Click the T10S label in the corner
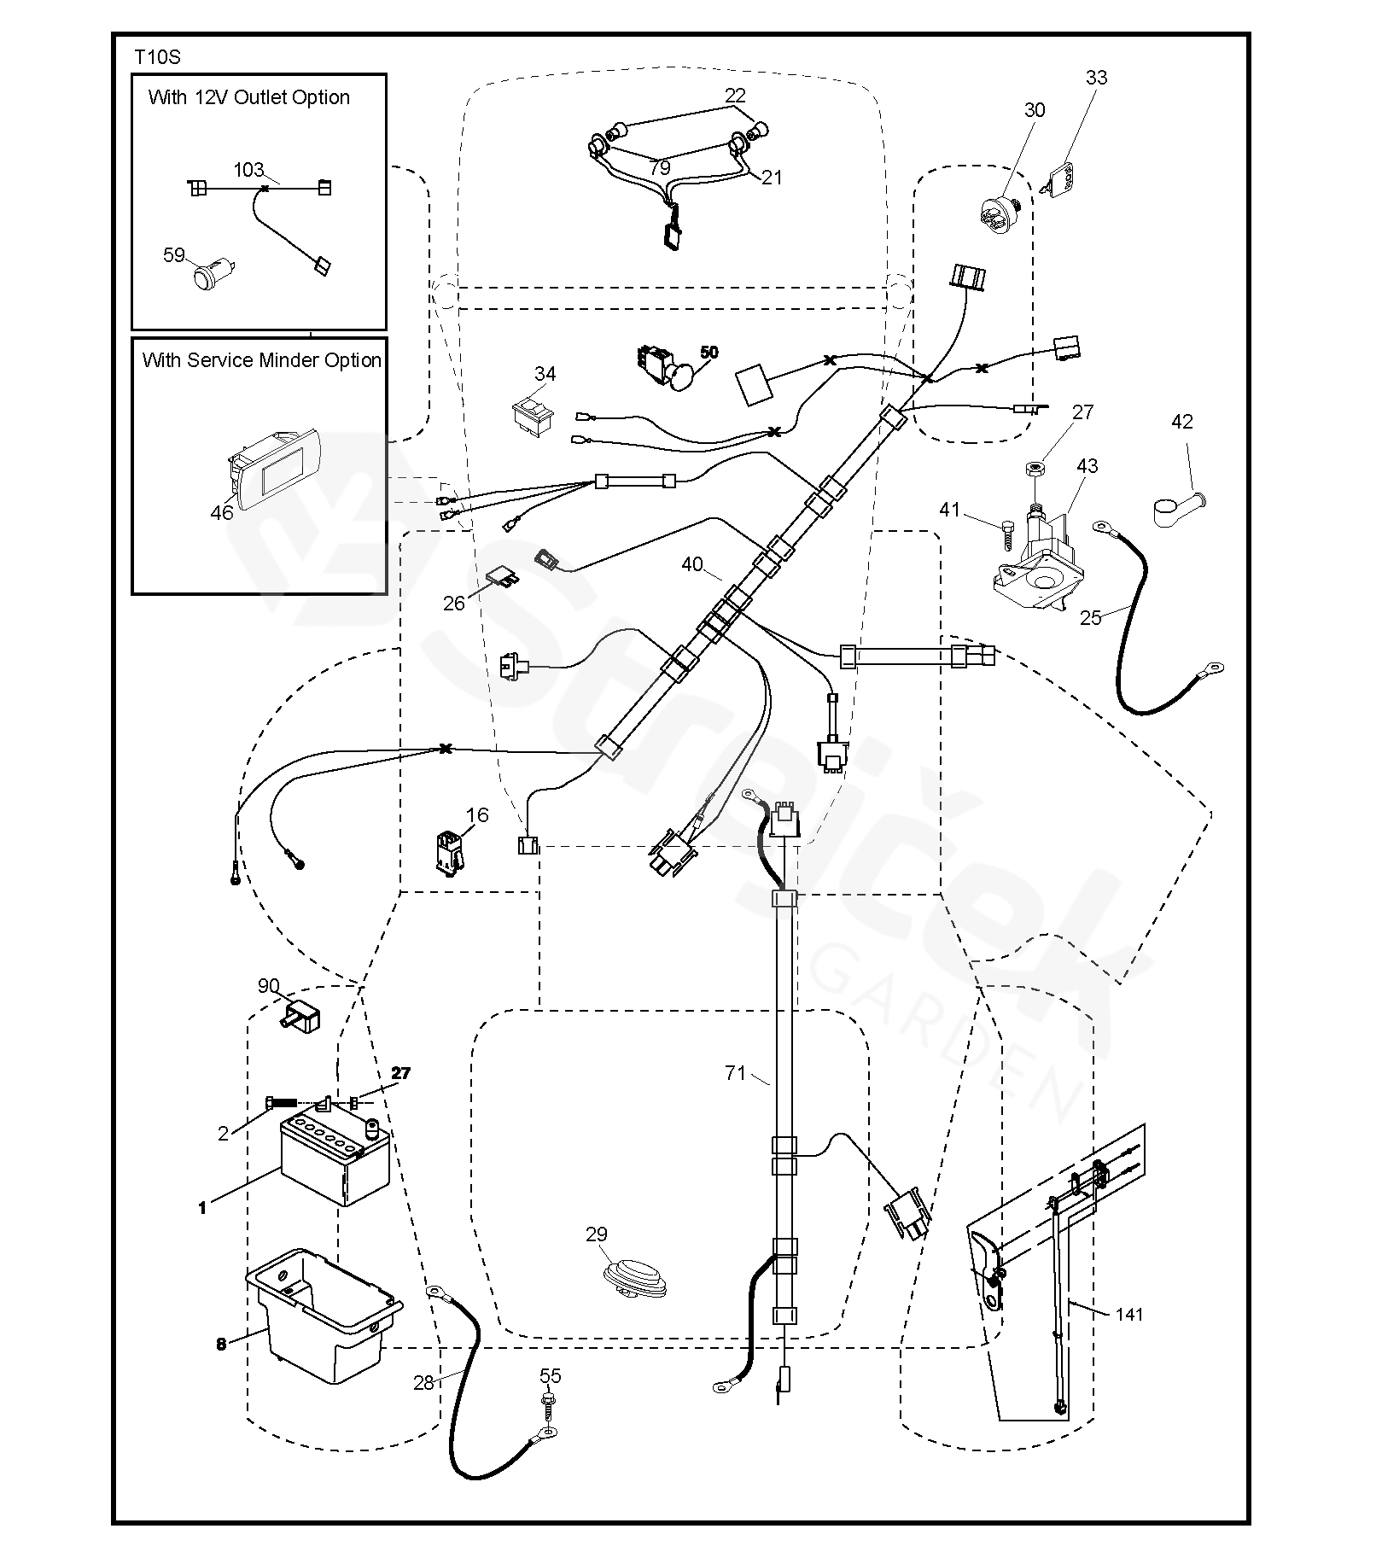[x=157, y=57]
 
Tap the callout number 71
[x=735, y=1073]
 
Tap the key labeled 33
[x=1061, y=178]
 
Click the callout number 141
[x=1128, y=1315]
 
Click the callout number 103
[x=248, y=170]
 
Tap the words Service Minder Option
[x=261, y=360]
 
